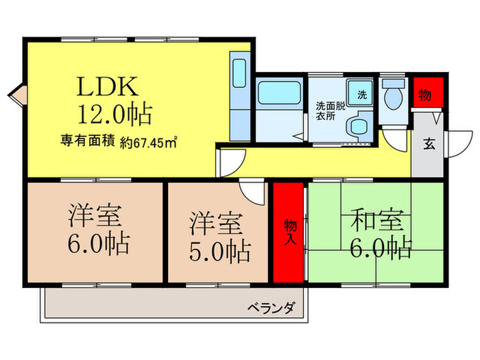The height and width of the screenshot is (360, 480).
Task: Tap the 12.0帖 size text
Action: point(115,112)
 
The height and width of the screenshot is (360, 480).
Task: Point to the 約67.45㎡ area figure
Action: point(149,143)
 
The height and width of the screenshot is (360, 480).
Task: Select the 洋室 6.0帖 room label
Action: point(96,231)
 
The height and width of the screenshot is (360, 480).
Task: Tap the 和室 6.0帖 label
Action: point(379,233)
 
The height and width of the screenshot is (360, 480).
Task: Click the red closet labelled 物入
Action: point(289,232)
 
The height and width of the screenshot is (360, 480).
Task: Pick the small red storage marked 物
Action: point(426,95)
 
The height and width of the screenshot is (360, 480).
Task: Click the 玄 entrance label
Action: point(428,144)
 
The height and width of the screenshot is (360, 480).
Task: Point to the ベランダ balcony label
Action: point(271,308)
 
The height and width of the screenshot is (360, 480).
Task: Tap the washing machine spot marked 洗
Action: point(360,92)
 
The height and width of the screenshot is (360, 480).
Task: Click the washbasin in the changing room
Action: point(357,126)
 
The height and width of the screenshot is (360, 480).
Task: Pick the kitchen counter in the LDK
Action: point(239,96)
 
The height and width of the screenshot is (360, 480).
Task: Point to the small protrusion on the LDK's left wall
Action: point(16,94)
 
